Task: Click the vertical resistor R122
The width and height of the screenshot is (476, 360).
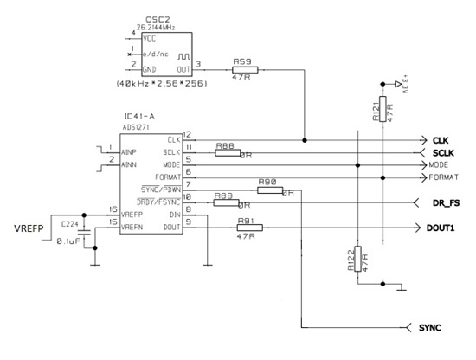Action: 357,259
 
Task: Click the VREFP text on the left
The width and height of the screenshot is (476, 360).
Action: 29,228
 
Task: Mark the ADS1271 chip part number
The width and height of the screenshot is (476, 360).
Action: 138,125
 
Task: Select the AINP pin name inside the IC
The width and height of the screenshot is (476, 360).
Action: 129,151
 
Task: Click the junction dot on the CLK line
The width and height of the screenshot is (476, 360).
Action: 305,138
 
